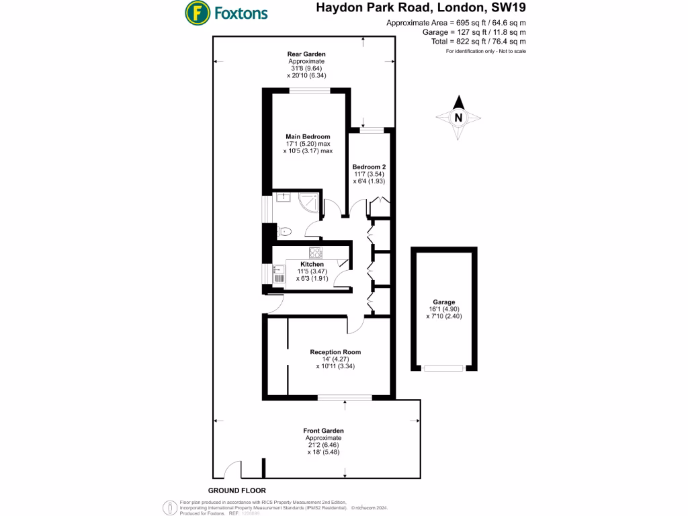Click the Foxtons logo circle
pos(197,12)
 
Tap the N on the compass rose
pos(459,118)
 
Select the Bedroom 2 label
pos(369,166)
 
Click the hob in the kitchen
pos(315,253)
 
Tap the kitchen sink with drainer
pos(279,275)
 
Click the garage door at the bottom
pos(444,368)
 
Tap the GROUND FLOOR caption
pos(236,491)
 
